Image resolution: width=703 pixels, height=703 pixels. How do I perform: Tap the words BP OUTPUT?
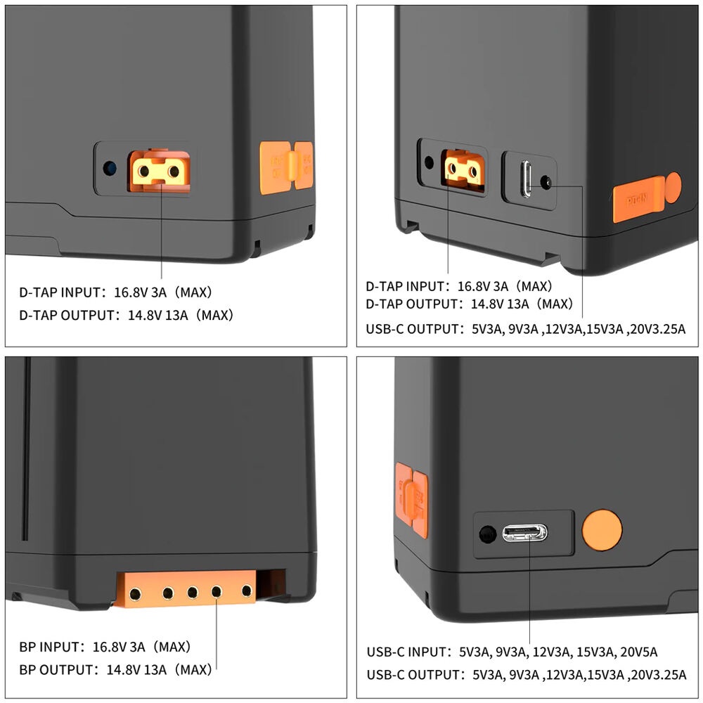pyautogui.click(x=58, y=670)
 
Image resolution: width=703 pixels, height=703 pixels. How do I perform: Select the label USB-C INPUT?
pyautogui.click(x=408, y=652)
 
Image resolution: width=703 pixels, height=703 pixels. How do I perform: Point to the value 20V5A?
pyautogui.click(x=638, y=652)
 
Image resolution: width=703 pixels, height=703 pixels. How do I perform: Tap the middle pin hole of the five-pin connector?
pyautogui.click(x=193, y=592)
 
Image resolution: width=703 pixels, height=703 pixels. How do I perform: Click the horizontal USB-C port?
pyautogui.click(x=524, y=533)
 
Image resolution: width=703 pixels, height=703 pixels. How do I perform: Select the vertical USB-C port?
pyautogui.click(x=527, y=179)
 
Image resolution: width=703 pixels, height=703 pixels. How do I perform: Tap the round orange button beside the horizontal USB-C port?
pyautogui.click(x=602, y=530)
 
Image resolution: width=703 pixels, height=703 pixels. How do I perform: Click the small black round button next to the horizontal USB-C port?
pyautogui.click(x=487, y=534)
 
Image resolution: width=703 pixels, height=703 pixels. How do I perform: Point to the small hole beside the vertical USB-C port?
pyautogui.click(x=546, y=183)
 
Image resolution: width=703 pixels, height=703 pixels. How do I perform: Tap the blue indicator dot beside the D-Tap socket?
pyautogui.click(x=110, y=169)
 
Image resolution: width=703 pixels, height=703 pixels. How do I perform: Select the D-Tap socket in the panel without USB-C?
pyautogui.click(x=159, y=171)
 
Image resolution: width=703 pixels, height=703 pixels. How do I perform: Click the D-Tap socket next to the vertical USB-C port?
pyautogui.click(x=463, y=171)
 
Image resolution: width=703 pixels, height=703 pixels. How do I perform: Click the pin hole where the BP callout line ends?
pyautogui.click(x=217, y=592)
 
